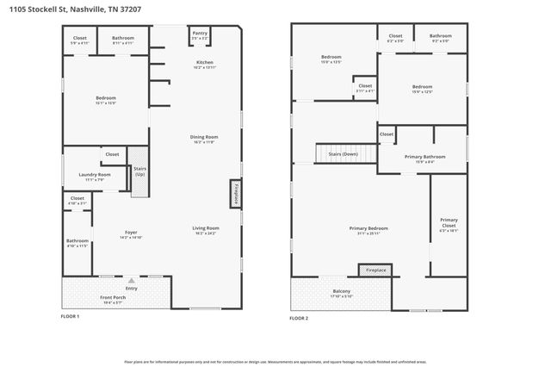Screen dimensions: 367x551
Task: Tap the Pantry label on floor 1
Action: (200, 34)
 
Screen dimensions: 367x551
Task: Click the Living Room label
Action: (205, 228)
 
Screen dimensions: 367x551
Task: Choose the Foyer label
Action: (131, 233)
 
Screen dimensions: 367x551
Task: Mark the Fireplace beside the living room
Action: (234, 194)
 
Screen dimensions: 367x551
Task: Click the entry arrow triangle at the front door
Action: (131, 281)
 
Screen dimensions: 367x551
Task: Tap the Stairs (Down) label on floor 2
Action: (344, 154)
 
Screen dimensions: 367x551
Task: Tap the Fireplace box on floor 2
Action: (375, 271)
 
